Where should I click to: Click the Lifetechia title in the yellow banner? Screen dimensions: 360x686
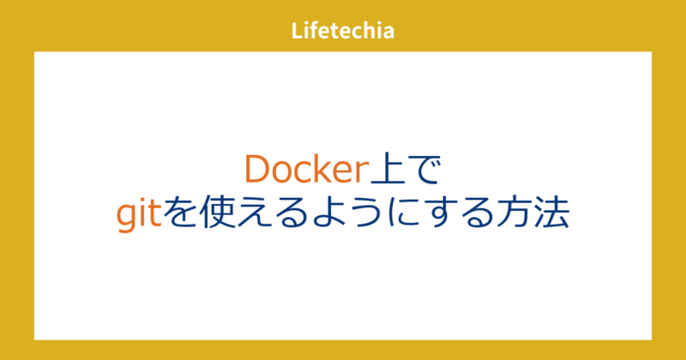342,33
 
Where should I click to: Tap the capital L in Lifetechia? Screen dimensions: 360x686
296,33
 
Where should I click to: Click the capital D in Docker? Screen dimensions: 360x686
257,170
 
